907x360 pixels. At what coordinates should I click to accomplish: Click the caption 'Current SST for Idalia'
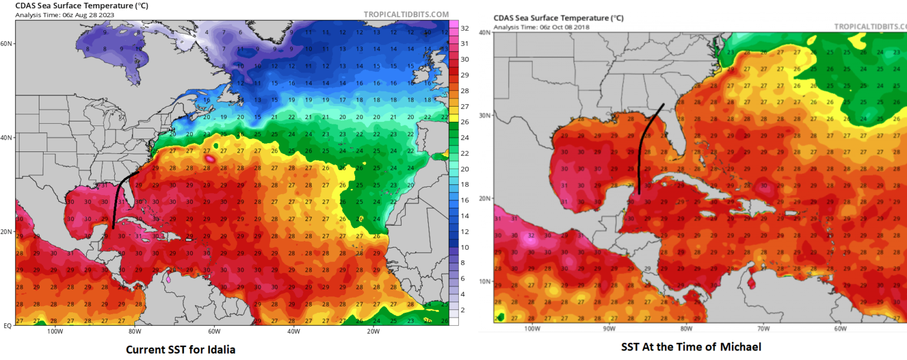181,349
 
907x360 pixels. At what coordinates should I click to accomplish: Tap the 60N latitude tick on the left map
8,44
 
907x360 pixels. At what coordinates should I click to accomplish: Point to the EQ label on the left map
8,325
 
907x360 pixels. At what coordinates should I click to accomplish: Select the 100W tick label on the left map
55,331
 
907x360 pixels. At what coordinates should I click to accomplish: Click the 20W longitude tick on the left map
372,331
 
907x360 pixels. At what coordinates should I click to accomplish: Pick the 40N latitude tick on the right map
485,32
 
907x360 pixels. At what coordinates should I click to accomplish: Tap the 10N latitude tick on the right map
485,281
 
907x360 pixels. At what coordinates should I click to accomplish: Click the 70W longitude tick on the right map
763,328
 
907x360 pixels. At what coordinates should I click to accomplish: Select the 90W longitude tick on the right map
609,328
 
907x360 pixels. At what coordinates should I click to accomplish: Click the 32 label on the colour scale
464,28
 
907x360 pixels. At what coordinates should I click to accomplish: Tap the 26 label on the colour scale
464,122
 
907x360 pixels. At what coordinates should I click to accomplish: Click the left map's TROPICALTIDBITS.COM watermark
406,14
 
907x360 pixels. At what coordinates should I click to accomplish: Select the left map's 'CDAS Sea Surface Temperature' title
74,6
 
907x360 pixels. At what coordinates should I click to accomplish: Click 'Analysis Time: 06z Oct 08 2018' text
541,27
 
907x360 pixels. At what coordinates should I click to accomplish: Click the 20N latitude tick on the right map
485,198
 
